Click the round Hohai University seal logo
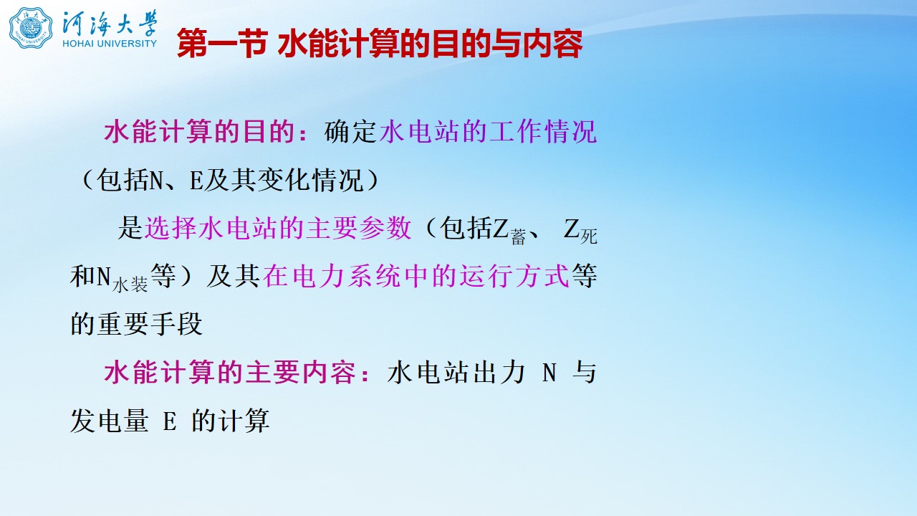(31, 27)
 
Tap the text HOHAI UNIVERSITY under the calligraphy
(110, 43)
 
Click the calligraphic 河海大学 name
(110, 22)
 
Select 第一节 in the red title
(222, 44)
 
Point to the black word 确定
(350, 132)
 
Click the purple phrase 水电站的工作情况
(488, 132)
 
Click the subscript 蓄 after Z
(518, 237)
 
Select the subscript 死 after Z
(589, 236)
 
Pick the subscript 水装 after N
(130, 285)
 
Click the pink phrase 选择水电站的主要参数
(278, 228)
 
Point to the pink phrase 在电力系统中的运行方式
(416, 276)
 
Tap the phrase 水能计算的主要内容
(230, 372)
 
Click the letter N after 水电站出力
(549, 373)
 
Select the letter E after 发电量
(170, 421)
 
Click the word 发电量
(110, 421)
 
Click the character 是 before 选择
(130, 228)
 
